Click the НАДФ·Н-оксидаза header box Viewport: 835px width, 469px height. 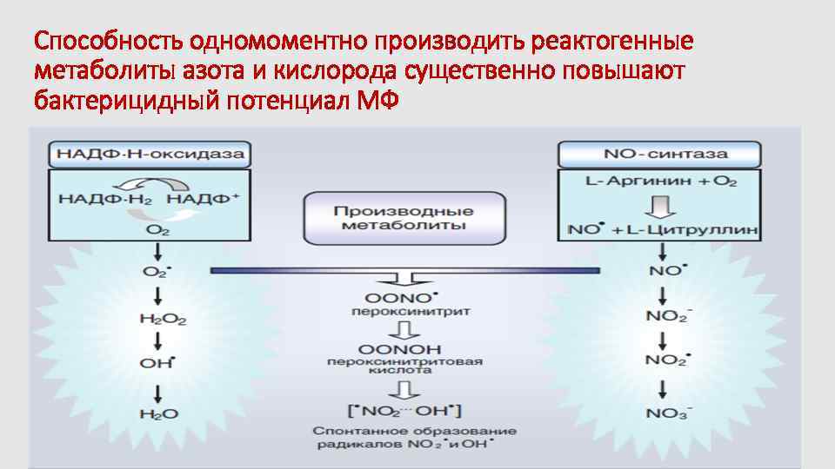point(150,155)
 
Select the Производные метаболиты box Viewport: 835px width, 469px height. point(404,218)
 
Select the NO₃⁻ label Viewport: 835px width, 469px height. point(667,413)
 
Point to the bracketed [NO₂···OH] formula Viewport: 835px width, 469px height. point(404,408)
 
